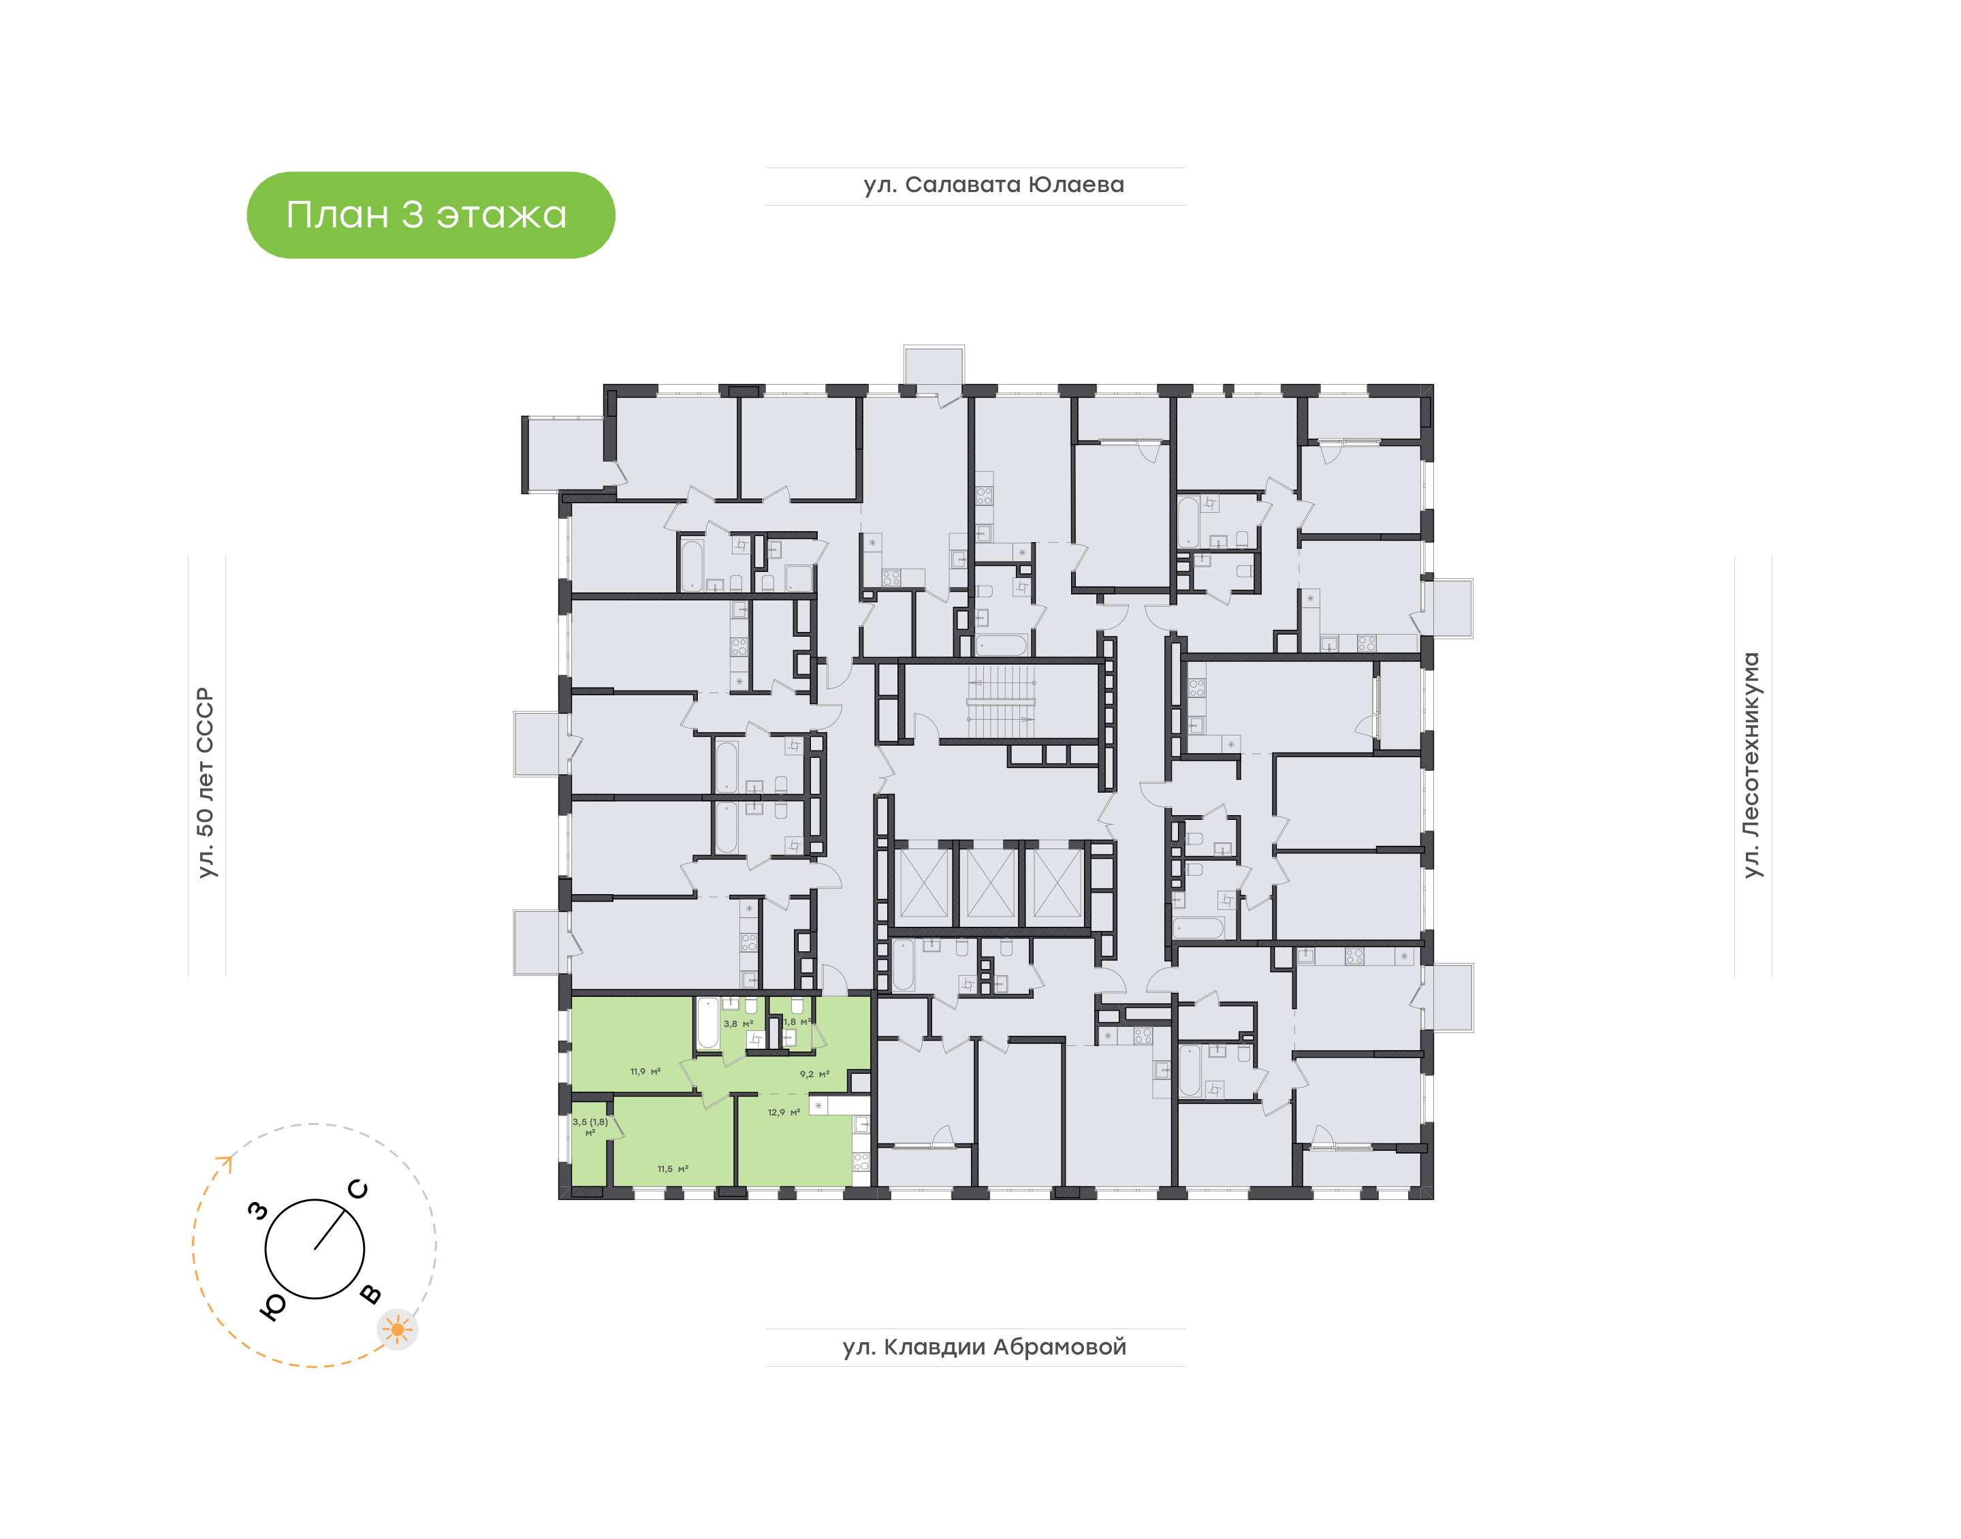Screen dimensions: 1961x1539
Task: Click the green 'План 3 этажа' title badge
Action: (x=430, y=215)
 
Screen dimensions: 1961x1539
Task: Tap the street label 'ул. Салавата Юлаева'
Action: (x=993, y=185)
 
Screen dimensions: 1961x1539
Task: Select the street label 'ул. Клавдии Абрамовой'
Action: (x=985, y=1347)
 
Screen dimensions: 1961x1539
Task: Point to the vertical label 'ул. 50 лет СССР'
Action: (x=206, y=782)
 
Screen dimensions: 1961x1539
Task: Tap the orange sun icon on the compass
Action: (x=397, y=1329)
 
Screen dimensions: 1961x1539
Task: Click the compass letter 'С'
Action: (x=357, y=1190)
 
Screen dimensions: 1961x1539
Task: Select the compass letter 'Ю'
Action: (x=273, y=1307)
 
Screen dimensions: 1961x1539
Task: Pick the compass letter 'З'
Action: (x=259, y=1211)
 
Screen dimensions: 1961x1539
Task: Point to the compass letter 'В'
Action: (x=370, y=1295)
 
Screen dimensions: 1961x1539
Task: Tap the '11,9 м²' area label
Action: (x=645, y=1071)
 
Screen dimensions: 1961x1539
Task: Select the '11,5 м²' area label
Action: (x=673, y=1169)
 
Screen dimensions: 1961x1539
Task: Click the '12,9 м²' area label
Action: (x=784, y=1112)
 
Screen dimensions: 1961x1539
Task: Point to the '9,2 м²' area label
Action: (x=814, y=1074)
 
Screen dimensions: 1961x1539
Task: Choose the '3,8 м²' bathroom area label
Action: (x=737, y=1024)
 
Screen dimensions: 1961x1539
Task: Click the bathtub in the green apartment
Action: (x=708, y=1023)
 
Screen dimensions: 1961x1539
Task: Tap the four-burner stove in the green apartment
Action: (x=861, y=1162)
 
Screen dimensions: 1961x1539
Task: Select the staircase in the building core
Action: (x=1001, y=702)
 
